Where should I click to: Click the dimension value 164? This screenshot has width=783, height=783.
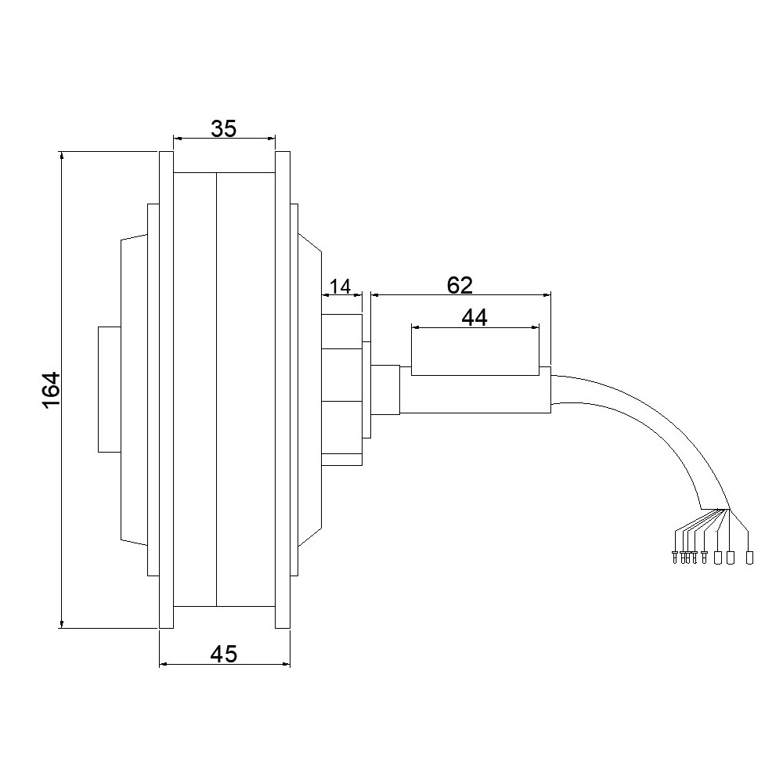click(x=52, y=391)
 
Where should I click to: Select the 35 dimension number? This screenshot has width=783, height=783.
click(x=224, y=128)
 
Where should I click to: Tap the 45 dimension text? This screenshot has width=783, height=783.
click(x=224, y=654)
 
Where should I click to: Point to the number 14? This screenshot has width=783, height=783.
click(x=341, y=287)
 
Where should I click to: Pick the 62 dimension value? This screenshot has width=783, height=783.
click(x=460, y=285)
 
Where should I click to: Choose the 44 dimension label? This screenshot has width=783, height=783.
click(x=474, y=317)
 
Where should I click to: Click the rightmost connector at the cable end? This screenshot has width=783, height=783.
click(x=749, y=557)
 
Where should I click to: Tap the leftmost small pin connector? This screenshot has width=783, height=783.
click(x=675, y=557)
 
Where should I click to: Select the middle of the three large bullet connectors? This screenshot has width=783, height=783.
click(x=730, y=557)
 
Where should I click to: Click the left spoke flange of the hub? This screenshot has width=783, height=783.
click(x=166, y=389)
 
